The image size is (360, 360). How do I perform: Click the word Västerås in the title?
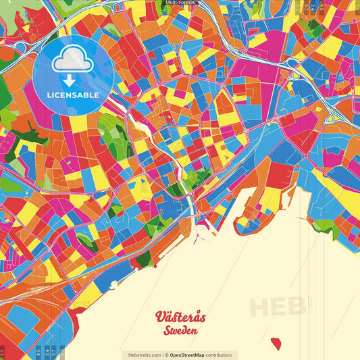click(180, 317)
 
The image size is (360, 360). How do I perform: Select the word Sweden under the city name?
click(180, 331)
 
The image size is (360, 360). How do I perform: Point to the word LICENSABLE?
click(73, 95)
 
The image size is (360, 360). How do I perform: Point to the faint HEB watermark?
click(277, 306)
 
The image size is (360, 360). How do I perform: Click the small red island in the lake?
click(276, 344)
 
